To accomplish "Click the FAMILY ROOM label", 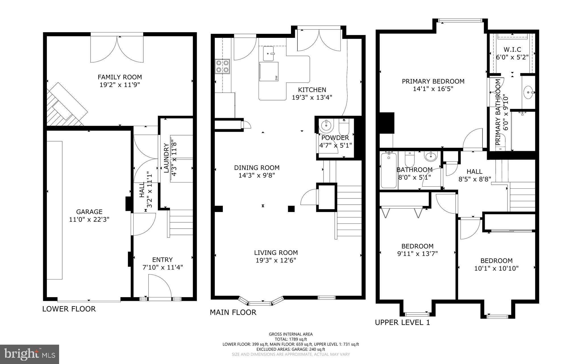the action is point(120,77).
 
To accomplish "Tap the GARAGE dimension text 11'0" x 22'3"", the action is point(89,219).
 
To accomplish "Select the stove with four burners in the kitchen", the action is point(222,66).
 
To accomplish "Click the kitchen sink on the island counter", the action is point(269,54).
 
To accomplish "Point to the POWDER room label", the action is point(335,138).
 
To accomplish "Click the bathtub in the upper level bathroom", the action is point(388,170).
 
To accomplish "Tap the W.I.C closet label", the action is point(512,50).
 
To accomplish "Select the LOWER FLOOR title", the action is point(69,309).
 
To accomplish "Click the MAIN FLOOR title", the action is point(233,312).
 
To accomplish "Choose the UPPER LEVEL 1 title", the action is point(402,322).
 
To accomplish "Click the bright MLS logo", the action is point(29,354).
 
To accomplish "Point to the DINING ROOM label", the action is point(257,168).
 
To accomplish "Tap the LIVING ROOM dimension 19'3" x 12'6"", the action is point(276,260).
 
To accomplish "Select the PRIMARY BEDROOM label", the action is point(433,81).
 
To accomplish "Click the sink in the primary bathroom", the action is point(528,92).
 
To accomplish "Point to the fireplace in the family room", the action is point(65,105).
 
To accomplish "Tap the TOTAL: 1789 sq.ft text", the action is point(291,339).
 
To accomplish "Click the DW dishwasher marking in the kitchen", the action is point(276,78).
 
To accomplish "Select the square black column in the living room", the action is point(291,209).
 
